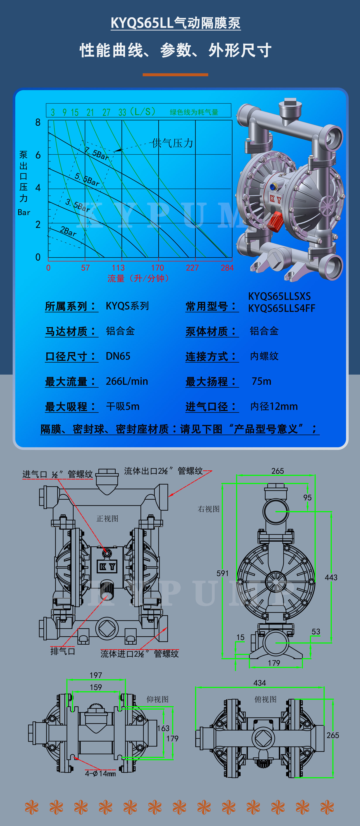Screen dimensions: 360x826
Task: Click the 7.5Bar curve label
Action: [97, 153]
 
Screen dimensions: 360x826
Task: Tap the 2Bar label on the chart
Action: [68, 231]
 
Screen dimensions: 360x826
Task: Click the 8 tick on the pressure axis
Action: [38, 122]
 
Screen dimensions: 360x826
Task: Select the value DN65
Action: [118, 356]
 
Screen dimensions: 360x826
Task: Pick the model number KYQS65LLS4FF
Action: [282, 308]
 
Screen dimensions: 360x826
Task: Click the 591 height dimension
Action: [223, 573]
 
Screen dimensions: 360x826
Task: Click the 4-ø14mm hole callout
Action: [100, 773]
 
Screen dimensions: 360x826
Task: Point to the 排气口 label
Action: [63, 651]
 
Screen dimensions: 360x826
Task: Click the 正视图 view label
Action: [107, 518]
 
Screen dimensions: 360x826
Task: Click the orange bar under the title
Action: [175, 75]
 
